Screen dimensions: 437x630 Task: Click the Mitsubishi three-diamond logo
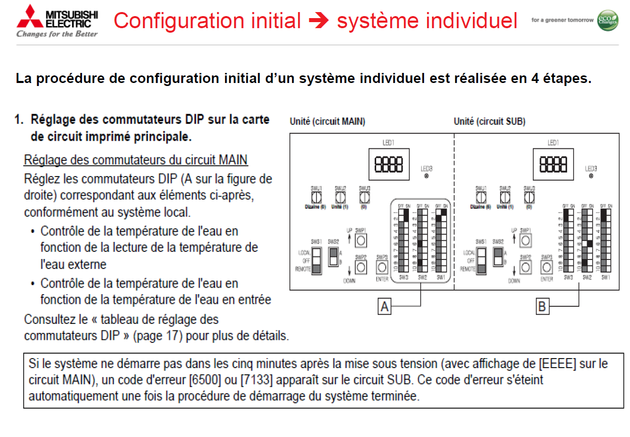click(30, 16)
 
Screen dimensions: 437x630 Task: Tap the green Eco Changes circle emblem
click(607, 20)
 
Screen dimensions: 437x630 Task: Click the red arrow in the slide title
click(319, 21)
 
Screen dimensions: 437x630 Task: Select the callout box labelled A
click(385, 306)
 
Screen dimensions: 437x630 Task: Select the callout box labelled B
click(542, 306)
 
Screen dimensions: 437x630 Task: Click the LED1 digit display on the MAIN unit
click(389, 164)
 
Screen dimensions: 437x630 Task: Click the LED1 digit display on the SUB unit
click(553, 164)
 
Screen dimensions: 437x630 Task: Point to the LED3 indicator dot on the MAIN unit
click(426, 177)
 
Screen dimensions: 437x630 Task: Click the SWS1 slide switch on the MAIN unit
click(316, 260)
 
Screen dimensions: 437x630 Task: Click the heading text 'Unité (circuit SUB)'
click(489, 121)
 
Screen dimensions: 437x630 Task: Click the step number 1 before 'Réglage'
click(19, 120)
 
